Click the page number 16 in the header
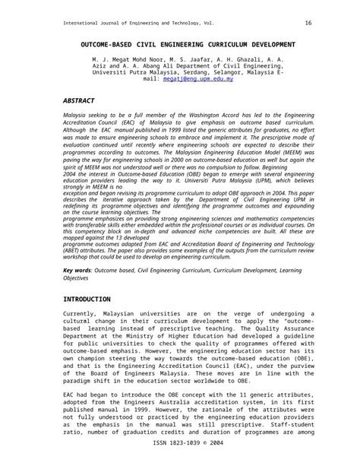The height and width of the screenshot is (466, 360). click(308, 23)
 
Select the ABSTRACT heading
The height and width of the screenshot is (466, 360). click(79, 100)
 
